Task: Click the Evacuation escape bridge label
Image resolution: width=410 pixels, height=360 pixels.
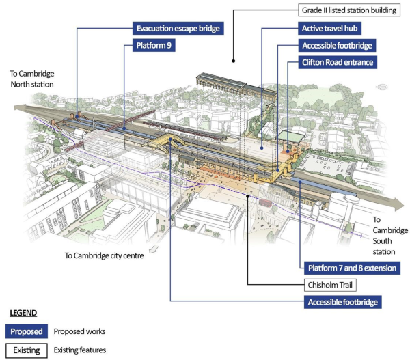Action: [178, 28]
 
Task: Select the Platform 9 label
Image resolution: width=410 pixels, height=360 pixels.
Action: [154, 45]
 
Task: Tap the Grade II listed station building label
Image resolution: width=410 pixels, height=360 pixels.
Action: [349, 10]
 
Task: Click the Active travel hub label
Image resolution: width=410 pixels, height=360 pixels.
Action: [330, 28]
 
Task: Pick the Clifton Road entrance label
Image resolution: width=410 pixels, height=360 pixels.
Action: [338, 62]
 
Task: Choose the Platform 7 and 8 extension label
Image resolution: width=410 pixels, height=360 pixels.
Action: [352, 268]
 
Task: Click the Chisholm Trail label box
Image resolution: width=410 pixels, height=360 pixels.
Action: [330, 285]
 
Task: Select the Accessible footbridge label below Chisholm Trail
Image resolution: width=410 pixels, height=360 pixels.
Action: [342, 302]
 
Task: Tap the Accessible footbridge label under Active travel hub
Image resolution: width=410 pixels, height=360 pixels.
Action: [337, 46]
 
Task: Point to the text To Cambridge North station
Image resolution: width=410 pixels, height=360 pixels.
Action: [32, 79]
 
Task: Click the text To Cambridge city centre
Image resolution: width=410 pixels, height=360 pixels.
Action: [104, 255]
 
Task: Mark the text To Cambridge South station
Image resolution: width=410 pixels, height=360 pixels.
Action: [390, 236]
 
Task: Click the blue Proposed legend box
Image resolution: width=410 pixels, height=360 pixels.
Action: [27, 331]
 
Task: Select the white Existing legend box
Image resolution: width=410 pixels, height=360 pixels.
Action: [27, 350]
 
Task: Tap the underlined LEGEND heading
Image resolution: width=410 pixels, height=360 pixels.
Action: [23, 313]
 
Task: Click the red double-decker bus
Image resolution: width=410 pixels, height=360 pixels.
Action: [266, 203]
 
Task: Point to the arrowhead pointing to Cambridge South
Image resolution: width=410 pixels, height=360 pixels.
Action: [399, 204]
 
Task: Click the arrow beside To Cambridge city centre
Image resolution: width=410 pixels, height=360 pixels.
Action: [154, 249]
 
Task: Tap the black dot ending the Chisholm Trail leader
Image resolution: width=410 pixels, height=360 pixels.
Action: [248, 196]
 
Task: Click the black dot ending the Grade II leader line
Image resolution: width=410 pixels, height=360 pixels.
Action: [233, 61]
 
